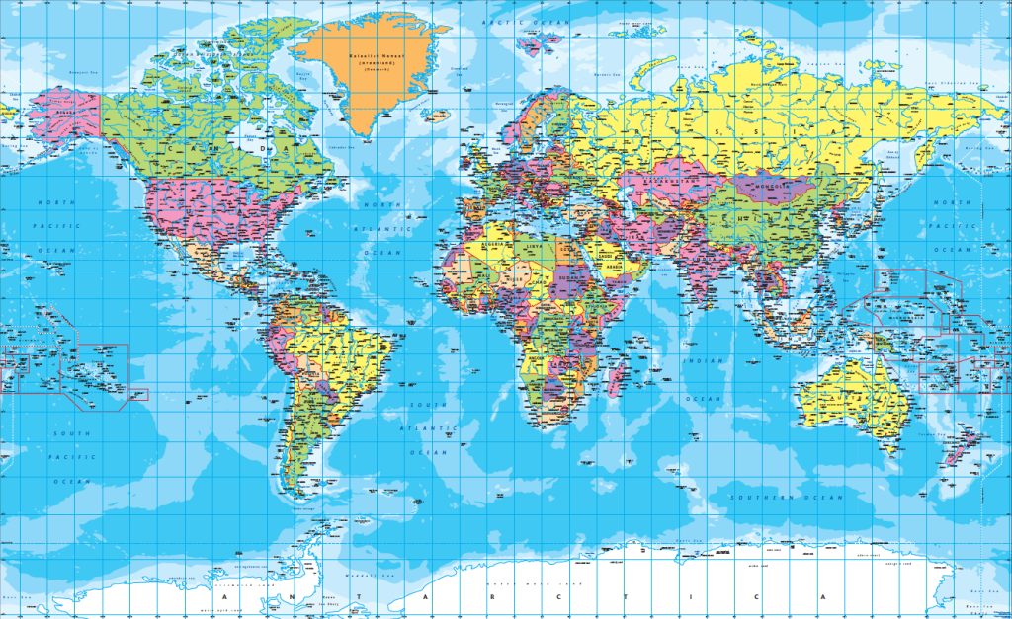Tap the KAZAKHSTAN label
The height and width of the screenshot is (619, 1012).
pos(665,182)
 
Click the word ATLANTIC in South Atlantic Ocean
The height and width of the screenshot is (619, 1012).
pos(430,428)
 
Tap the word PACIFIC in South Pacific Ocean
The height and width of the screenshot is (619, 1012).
pos(71,457)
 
